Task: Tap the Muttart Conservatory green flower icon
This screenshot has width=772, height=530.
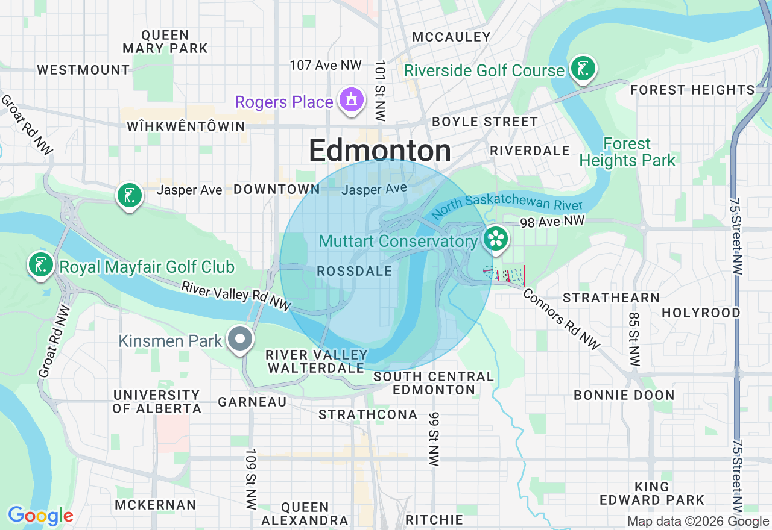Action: click(496, 239)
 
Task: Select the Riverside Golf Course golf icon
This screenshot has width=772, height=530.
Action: click(583, 68)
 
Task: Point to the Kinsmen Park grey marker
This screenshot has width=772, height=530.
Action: click(241, 338)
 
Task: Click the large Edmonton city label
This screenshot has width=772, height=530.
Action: click(380, 151)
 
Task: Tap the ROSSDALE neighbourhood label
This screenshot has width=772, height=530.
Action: click(355, 272)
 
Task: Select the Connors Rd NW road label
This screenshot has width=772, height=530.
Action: click(561, 319)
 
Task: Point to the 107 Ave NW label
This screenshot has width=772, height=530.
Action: click(326, 65)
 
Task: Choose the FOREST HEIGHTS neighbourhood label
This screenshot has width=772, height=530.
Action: click(692, 90)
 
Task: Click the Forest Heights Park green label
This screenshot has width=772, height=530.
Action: click(627, 152)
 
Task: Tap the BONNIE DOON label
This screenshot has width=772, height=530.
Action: click(624, 396)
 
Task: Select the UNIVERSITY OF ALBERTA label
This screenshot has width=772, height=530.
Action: click(157, 402)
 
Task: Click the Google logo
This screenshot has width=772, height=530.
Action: click(40, 516)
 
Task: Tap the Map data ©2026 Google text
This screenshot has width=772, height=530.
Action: click(698, 522)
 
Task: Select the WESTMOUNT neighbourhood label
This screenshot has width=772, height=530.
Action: click(83, 70)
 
